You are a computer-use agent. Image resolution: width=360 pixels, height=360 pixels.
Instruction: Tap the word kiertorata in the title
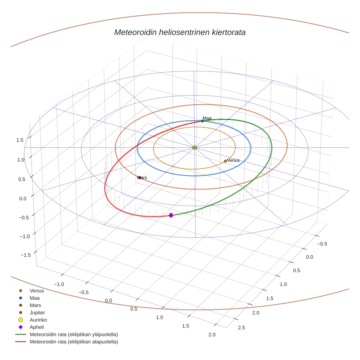228,32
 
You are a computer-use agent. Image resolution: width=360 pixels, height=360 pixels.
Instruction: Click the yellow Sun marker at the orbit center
195,147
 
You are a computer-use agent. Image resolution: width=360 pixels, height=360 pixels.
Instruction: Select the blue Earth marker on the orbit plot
202,121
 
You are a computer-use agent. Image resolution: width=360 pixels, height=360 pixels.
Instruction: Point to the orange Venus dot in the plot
225,161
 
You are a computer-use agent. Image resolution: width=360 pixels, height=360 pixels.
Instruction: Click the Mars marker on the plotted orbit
140,177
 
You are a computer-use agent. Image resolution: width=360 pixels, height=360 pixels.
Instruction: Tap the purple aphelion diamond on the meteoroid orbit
171,215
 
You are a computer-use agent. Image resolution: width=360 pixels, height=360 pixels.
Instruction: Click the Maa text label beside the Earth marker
207,118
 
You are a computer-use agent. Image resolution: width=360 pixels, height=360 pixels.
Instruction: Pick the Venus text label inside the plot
233,160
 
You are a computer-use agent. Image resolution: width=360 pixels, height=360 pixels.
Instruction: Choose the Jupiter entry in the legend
37,312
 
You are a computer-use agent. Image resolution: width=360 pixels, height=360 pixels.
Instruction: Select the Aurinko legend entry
38,320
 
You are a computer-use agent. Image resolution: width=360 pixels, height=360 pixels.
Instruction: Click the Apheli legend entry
37,327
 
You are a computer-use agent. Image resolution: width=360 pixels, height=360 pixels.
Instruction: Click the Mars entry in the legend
35,305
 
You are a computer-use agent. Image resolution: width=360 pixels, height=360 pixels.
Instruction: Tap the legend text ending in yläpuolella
74,334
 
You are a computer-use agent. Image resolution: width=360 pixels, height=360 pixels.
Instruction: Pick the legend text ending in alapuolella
74,342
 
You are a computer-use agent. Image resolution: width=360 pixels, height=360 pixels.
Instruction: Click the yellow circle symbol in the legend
21,320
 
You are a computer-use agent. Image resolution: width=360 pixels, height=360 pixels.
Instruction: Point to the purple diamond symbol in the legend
21,327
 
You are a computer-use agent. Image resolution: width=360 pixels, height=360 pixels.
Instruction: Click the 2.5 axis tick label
241,327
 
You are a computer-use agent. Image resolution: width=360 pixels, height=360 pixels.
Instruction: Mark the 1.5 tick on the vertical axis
20,140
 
